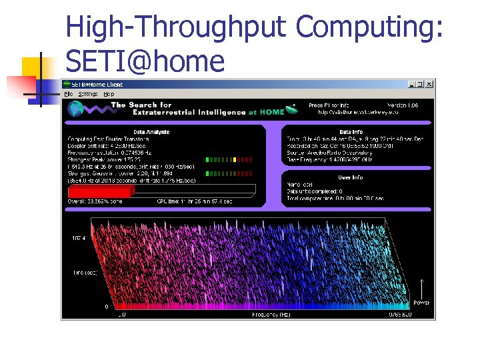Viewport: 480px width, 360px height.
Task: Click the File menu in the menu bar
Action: coord(68,94)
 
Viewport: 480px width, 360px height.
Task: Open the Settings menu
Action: coord(87,94)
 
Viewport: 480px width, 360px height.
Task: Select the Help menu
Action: coord(109,94)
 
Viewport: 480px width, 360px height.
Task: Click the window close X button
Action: coord(429,85)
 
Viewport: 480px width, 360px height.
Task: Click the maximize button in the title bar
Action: coord(420,85)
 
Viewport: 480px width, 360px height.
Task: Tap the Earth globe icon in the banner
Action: coord(75,109)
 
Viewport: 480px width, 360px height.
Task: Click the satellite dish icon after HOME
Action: coord(291,109)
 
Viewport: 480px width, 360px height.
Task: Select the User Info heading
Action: coord(351,177)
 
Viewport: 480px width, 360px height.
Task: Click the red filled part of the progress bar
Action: coord(100,191)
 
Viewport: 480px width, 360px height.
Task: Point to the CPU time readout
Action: coord(195,201)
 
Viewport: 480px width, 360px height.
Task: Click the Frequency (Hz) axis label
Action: coord(271,313)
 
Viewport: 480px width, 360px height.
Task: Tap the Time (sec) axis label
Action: coord(86,273)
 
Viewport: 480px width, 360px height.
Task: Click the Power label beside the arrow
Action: coord(421,302)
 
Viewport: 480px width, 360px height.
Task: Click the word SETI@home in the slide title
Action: coord(145,61)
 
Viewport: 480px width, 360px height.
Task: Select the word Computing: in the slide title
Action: coord(369,27)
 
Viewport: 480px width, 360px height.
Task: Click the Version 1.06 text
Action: coord(404,105)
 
